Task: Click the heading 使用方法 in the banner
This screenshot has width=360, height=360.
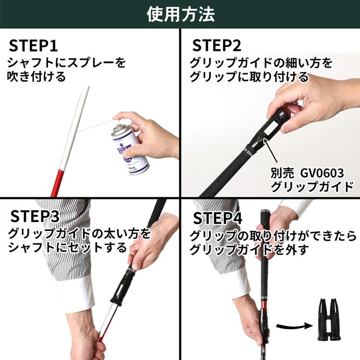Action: click(180, 14)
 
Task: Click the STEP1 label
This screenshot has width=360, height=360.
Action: click(33, 46)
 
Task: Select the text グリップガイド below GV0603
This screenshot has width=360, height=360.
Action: click(312, 187)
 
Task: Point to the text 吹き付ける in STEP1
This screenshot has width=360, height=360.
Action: click(36, 77)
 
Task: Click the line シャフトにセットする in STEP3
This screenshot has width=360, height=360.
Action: click(67, 248)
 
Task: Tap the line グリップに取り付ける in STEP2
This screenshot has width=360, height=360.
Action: click(249, 77)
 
